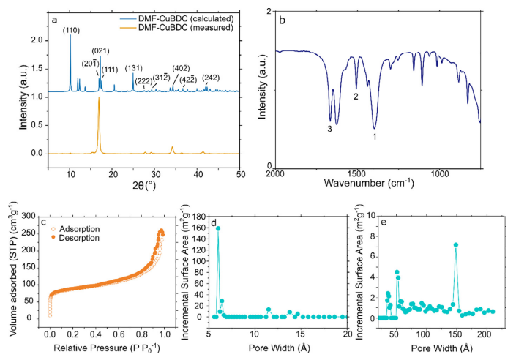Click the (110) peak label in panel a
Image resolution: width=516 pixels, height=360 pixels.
[71, 30]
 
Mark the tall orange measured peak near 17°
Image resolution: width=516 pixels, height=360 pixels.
[99, 100]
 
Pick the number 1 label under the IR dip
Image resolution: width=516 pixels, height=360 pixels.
[374, 136]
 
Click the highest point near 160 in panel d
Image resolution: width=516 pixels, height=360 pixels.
[218, 228]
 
